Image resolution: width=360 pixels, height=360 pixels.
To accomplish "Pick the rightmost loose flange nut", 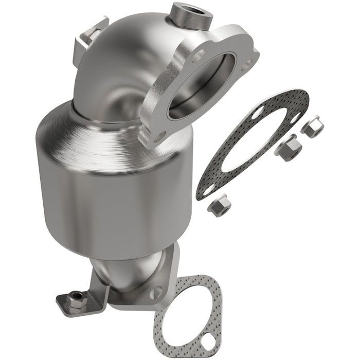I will pyautogui.click(x=312, y=128).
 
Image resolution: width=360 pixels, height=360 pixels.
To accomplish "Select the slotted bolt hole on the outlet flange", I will pyautogui.click(x=156, y=292).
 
